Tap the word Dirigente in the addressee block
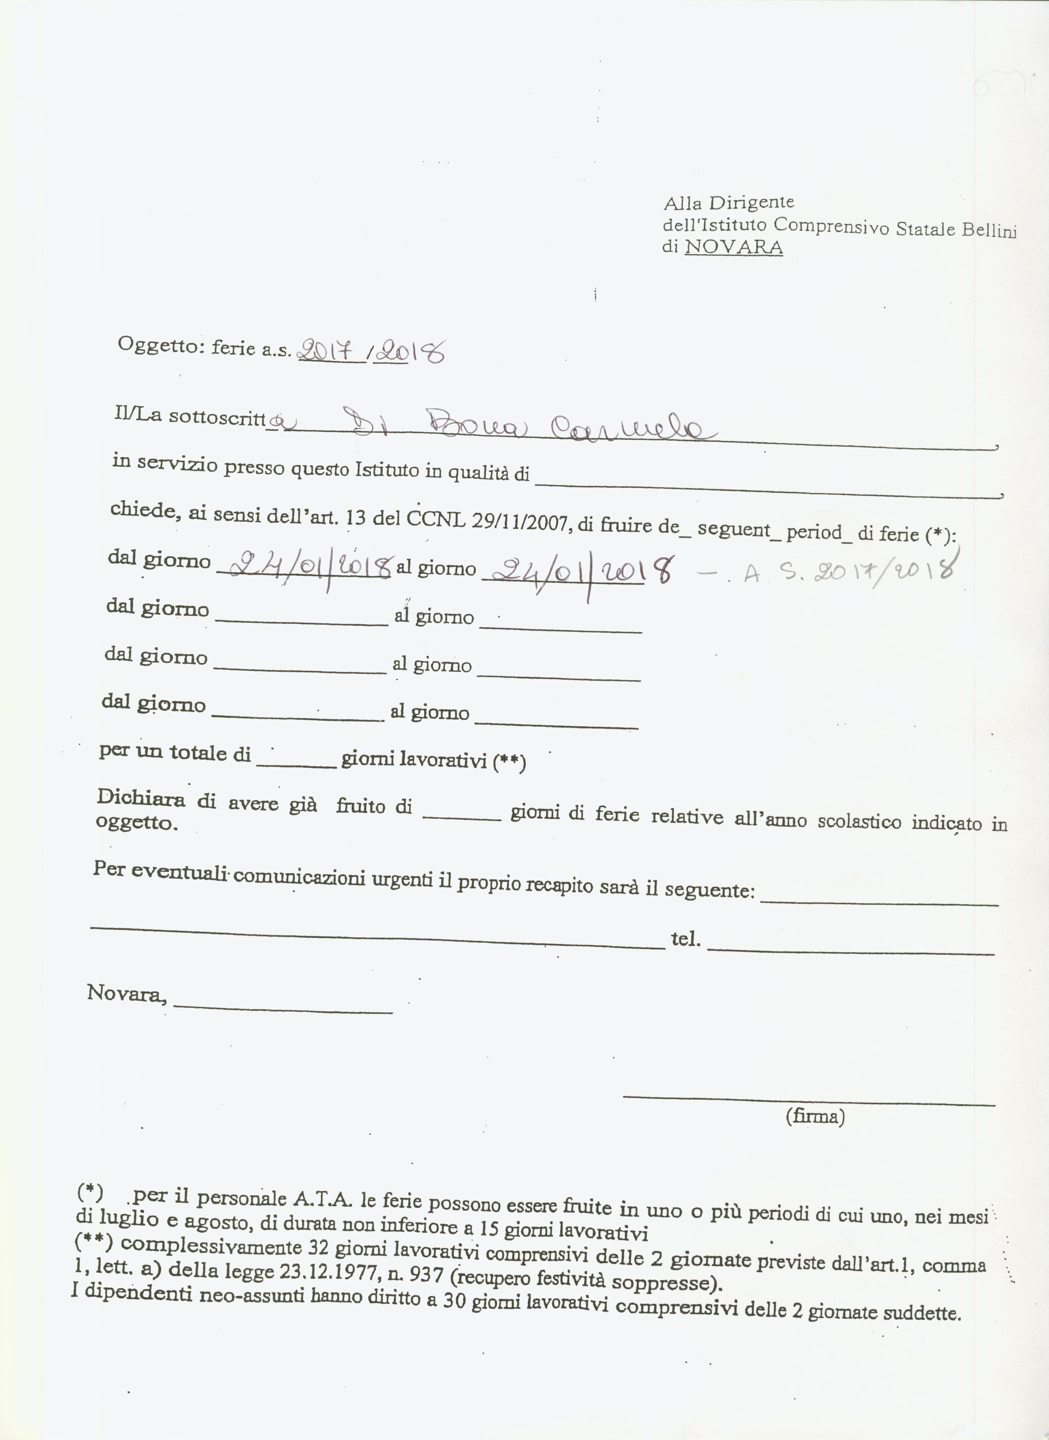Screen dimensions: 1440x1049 [x=752, y=202]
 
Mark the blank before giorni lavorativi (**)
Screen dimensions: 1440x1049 [x=296, y=765]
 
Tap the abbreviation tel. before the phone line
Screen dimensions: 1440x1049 [x=686, y=939]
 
